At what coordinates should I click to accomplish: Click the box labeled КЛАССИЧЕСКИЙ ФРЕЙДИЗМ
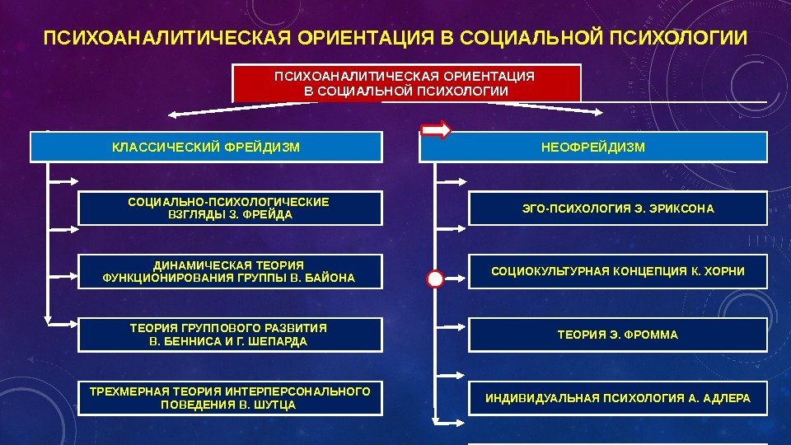coord(206,148)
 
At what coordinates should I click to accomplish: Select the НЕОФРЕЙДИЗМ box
coord(593,148)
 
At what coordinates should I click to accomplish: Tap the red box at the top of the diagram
coord(407,83)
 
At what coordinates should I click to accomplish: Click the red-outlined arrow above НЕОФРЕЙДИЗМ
coord(436,129)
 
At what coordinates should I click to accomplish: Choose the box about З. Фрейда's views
coord(230,208)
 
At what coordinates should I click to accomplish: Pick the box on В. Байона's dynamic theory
coord(230,272)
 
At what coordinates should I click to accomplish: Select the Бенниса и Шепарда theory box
coord(230,335)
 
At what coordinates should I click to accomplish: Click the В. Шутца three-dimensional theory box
coord(230,398)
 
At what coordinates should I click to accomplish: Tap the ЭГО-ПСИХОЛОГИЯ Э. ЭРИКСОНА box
coord(618,208)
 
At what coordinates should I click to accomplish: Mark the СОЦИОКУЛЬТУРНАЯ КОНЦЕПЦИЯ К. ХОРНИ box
coord(618,272)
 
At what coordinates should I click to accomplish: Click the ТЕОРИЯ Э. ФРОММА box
coord(618,335)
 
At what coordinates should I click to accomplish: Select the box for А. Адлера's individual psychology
coord(618,398)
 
